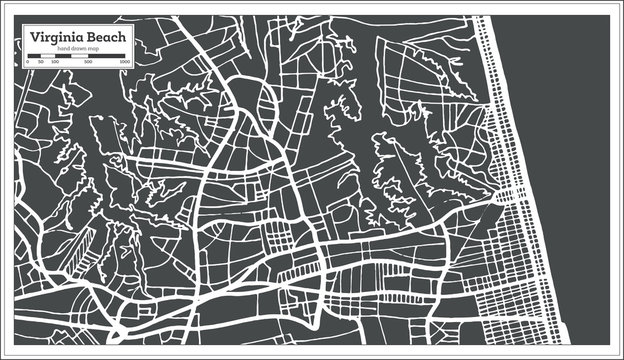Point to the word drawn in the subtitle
[77, 48]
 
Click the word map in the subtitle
[92, 48]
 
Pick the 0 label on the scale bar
[27, 62]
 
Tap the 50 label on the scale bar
[40, 62]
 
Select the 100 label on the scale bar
[54, 62]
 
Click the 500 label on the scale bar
[88, 62]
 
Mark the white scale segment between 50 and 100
[47, 56]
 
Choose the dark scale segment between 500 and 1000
[105, 56]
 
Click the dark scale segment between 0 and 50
[33, 56]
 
